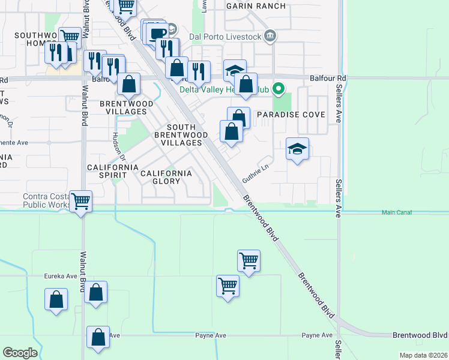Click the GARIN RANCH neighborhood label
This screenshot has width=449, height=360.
[x=253, y=5]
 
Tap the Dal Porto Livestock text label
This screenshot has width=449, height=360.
[x=225, y=37]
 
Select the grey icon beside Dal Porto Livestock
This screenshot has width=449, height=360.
[x=270, y=37]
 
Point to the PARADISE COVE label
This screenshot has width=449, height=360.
[x=291, y=115]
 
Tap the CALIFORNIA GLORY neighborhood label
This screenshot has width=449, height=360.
[x=166, y=177]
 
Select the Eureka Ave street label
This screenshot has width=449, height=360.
[x=61, y=276]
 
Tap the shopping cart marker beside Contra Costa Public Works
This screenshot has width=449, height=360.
[x=80, y=200]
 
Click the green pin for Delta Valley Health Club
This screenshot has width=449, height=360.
[x=278, y=90]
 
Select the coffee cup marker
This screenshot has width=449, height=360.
[x=158, y=32]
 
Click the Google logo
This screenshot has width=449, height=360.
[x=20, y=353]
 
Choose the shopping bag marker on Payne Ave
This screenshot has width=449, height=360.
[x=98, y=337]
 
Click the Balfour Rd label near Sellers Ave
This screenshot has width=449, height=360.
[x=328, y=78]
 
